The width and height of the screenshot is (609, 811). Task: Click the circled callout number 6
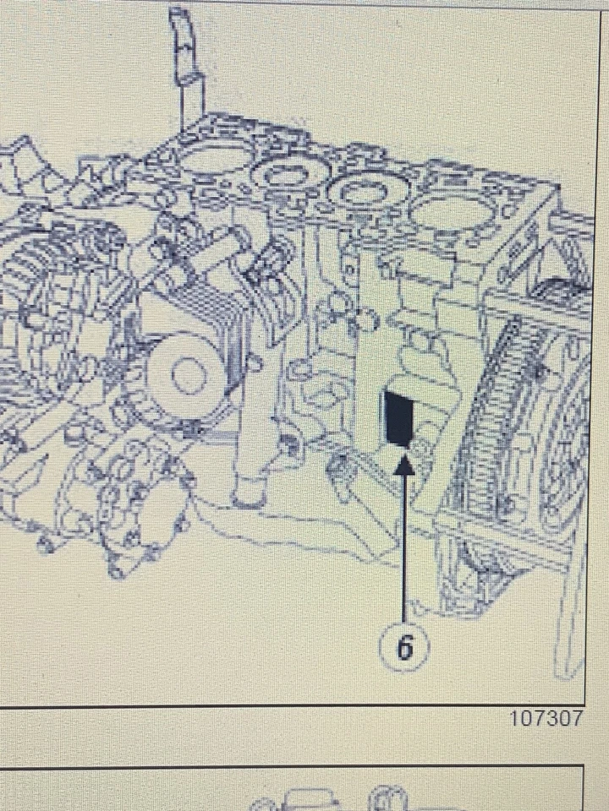[x=405, y=648]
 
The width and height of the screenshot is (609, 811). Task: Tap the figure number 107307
[x=546, y=718]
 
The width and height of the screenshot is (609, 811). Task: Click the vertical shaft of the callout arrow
[x=405, y=541]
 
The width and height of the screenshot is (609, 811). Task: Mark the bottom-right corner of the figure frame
[x=585, y=704]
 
